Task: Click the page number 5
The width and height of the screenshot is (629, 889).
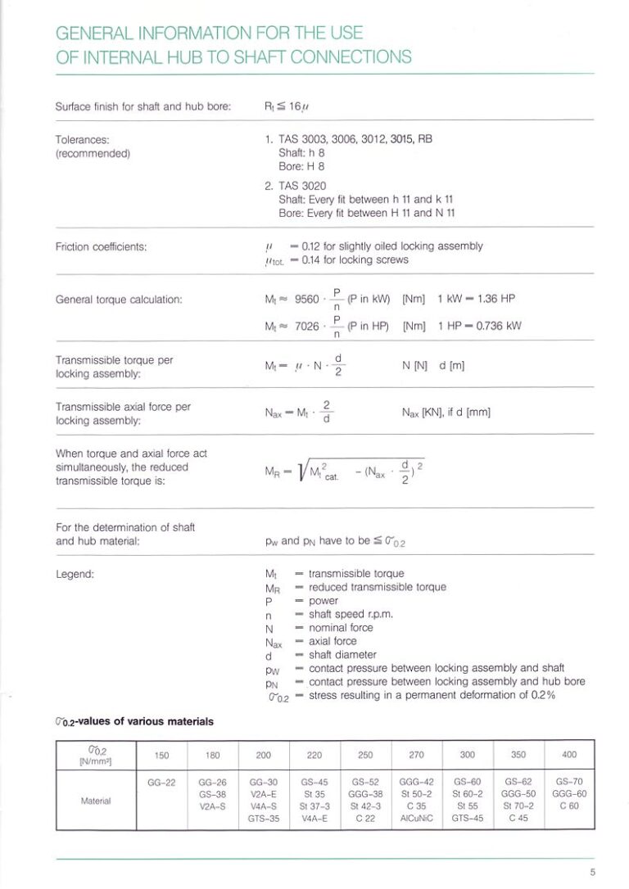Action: (x=591, y=871)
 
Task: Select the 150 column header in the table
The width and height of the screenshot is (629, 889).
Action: (x=161, y=754)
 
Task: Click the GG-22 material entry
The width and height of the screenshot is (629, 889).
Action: (x=161, y=782)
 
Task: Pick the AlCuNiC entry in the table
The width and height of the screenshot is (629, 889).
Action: (x=416, y=818)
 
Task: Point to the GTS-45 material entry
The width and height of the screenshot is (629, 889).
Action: (x=467, y=818)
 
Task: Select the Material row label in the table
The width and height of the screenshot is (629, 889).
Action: (x=96, y=800)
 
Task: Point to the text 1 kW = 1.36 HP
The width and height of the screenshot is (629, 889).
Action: (x=476, y=300)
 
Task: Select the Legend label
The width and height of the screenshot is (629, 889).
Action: (x=75, y=574)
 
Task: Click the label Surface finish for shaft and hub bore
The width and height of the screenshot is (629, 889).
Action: (x=143, y=106)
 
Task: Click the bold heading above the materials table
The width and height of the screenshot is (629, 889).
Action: (x=134, y=720)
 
